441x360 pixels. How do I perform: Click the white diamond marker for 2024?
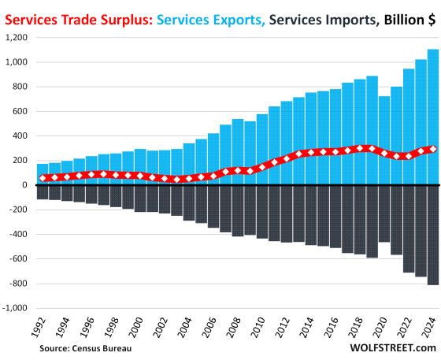[432, 149]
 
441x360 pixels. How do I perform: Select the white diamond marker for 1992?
[42, 178]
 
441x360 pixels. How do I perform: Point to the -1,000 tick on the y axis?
[16, 308]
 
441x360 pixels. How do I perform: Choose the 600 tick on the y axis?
[20, 111]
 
